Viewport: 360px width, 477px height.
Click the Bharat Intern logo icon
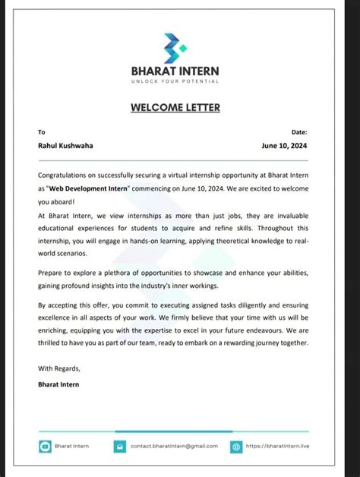tap(175, 49)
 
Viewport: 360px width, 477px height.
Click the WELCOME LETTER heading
tap(175, 107)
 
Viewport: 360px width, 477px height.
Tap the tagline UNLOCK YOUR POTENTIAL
tap(175, 81)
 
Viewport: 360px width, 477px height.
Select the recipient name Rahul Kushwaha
tap(67, 146)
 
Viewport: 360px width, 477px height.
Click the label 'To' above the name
tap(42, 132)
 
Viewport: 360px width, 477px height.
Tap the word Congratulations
tap(65, 175)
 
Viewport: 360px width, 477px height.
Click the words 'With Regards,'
tap(58, 368)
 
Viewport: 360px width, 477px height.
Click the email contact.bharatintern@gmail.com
tap(174, 446)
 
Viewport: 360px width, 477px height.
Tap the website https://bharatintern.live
tap(278, 446)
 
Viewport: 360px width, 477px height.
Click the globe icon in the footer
tap(236, 447)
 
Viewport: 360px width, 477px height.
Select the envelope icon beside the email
tap(119, 447)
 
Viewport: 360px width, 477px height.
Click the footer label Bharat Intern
tap(71, 446)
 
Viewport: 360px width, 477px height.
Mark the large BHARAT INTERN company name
tap(175, 71)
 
